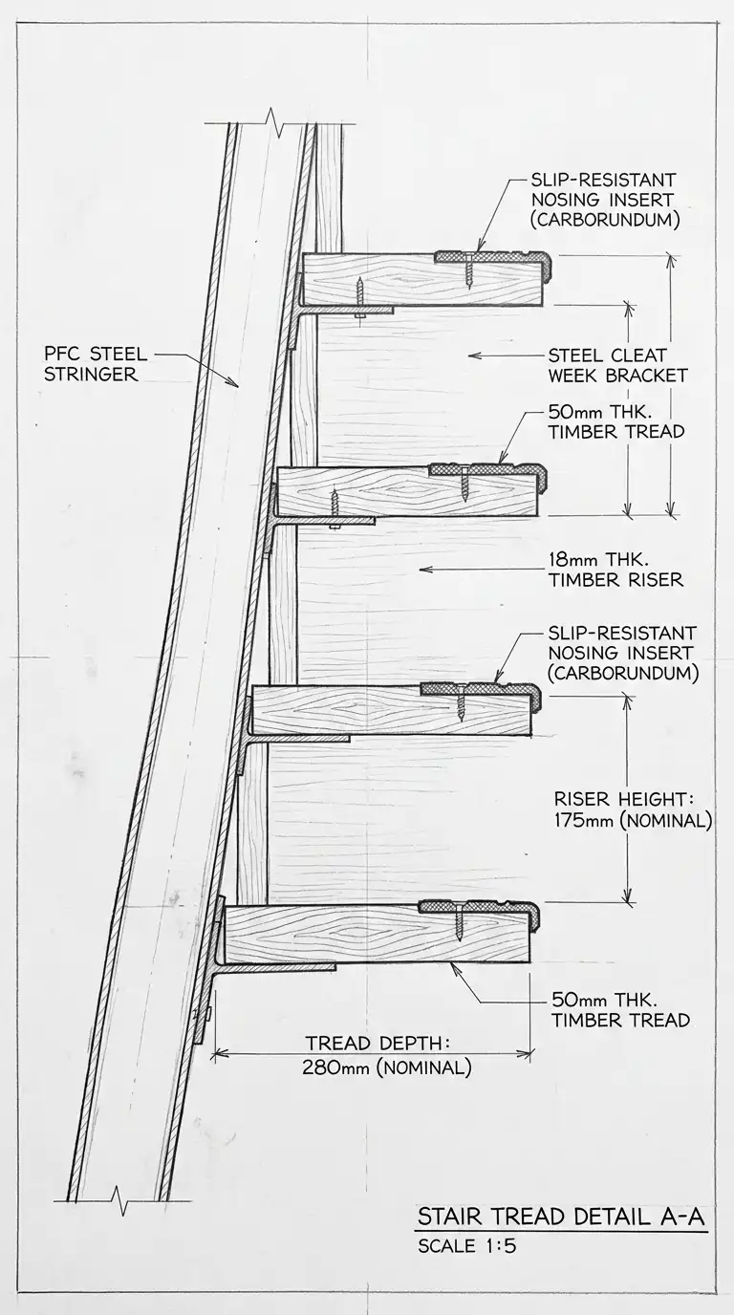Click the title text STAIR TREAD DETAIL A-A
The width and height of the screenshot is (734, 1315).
(561, 1217)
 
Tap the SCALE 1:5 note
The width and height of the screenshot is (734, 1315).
(467, 1246)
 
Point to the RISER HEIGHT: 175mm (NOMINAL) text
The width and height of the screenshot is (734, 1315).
(633, 810)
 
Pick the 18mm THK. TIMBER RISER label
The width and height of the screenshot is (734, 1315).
(616, 570)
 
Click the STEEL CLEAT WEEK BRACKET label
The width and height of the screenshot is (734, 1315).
(617, 365)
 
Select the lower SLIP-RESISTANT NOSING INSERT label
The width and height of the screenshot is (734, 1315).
(622, 653)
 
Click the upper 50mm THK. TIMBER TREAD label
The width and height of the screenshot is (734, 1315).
(616, 421)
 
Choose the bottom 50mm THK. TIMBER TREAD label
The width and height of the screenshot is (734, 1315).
(620, 1010)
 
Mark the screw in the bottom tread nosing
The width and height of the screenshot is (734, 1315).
(459, 923)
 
